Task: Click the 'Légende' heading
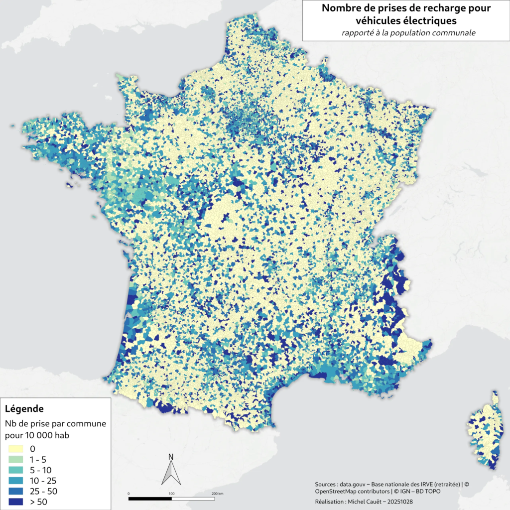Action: pos(24,409)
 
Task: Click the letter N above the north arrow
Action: pos(171,457)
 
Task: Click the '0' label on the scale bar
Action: pos(129,494)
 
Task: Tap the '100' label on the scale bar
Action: pos(172,494)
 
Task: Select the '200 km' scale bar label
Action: pos(217,494)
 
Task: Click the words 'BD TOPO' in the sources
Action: pos(427,492)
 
